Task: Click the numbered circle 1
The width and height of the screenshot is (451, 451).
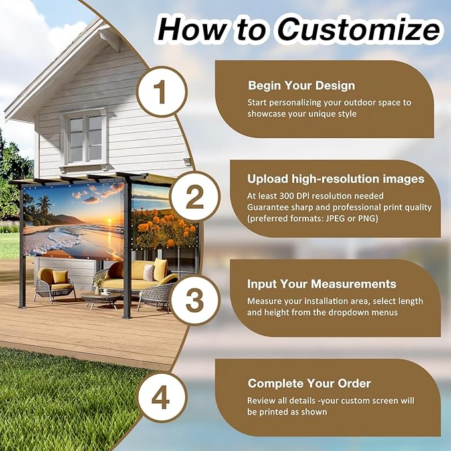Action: click(161, 93)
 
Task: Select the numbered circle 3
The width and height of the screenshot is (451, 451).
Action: click(194, 300)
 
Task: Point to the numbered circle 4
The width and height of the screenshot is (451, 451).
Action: click(161, 399)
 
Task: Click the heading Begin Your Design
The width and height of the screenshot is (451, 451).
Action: click(301, 86)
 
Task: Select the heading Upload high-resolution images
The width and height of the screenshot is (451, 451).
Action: click(335, 179)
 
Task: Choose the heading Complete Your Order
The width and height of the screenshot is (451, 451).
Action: click(309, 383)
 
